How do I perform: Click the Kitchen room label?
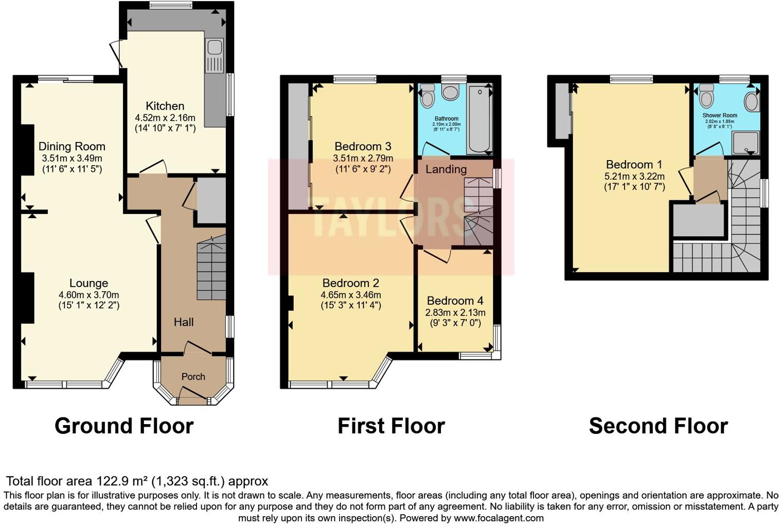tap(165, 106)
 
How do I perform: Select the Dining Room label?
tap(72, 147)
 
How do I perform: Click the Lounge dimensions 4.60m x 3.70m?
tap(88, 295)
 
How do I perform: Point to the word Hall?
tap(184, 322)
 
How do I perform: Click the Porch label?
tap(193, 377)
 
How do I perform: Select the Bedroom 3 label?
tap(363, 146)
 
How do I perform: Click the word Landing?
tap(446, 169)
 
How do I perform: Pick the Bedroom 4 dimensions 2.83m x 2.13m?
tap(455, 313)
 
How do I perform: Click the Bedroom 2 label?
tap(350, 283)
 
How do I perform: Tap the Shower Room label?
tap(720, 115)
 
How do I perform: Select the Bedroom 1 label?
tap(634, 165)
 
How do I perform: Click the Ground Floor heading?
tap(124, 426)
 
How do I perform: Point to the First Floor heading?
tap(391, 426)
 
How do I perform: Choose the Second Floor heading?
tap(658, 426)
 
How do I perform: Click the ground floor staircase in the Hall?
tap(211, 270)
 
